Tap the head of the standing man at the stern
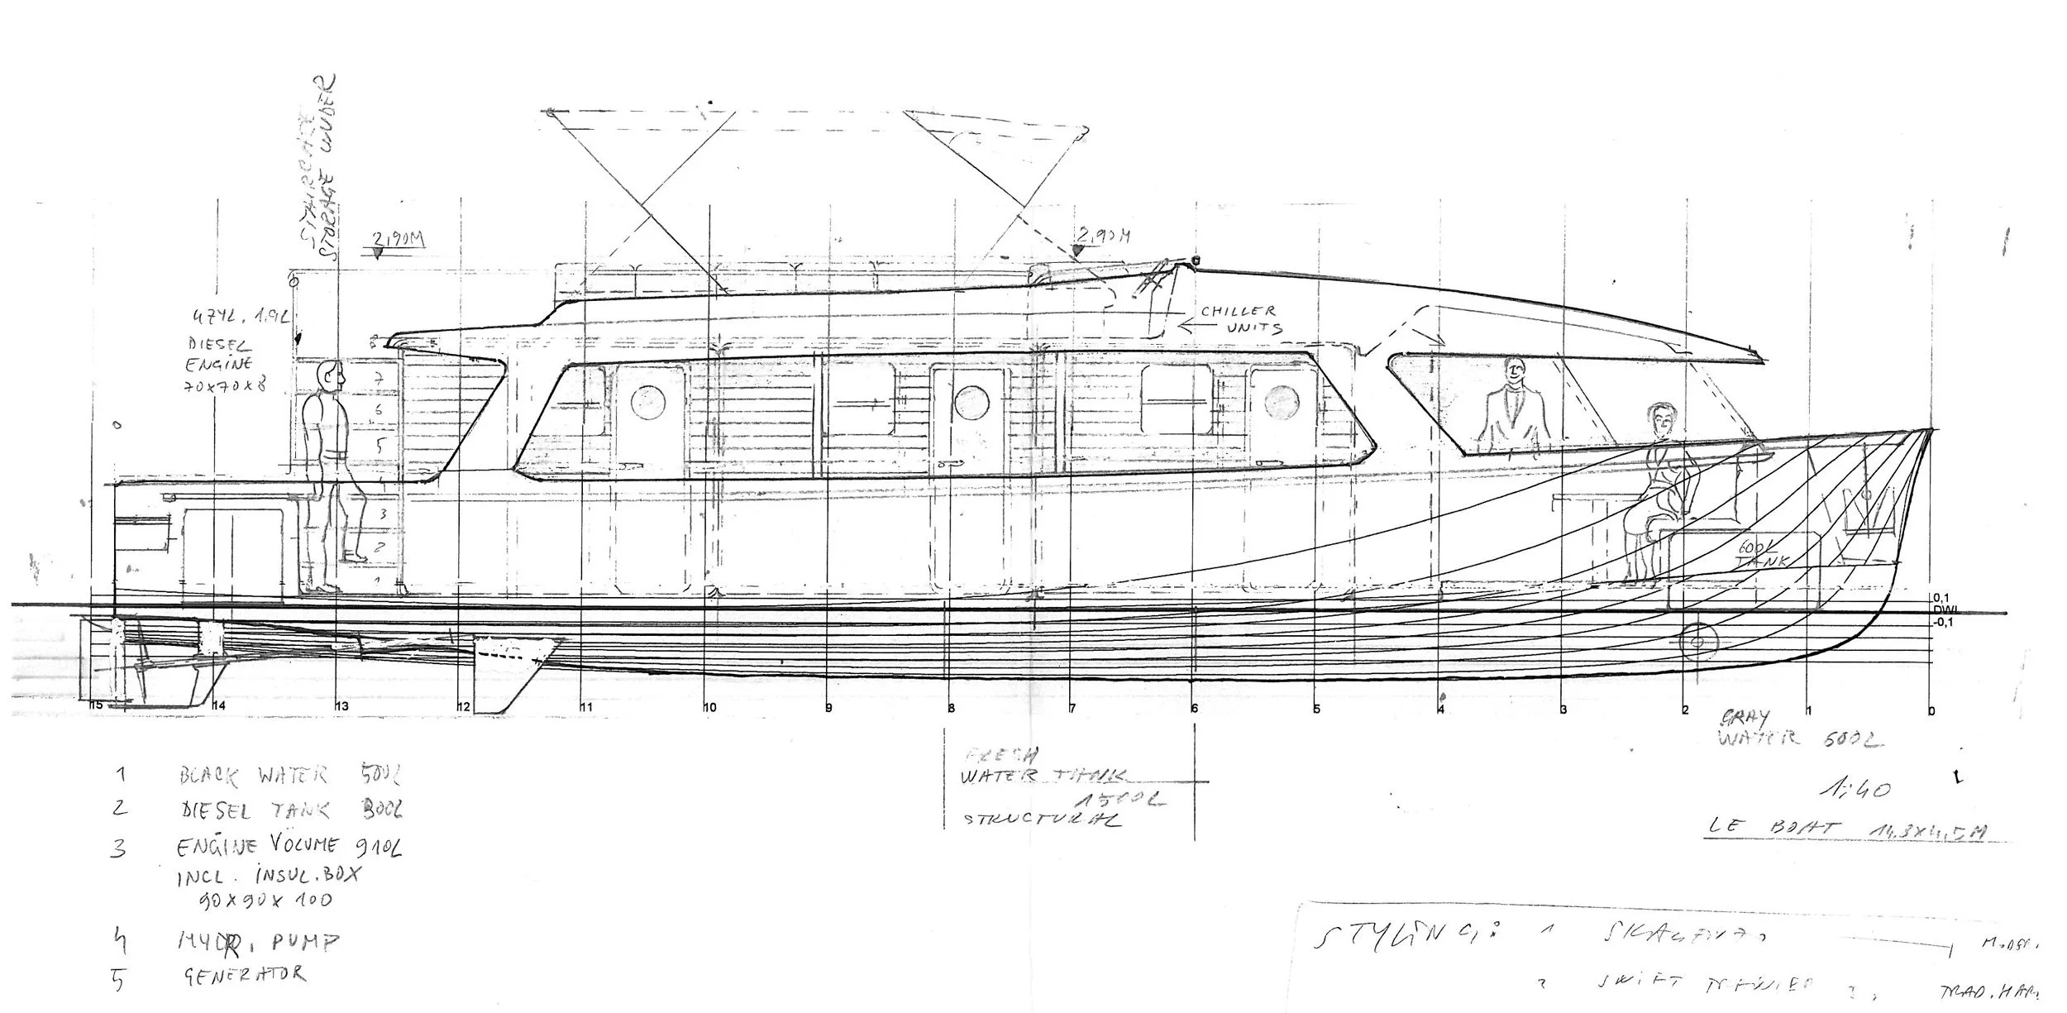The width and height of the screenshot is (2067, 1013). (331, 379)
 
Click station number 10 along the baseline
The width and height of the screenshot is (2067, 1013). (709, 707)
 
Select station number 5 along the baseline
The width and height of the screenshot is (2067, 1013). (1316, 709)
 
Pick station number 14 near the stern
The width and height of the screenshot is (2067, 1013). (219, 705)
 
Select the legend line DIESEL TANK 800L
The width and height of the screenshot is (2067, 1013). (289, 810)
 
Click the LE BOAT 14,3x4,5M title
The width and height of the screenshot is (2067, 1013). (1844, 829)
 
